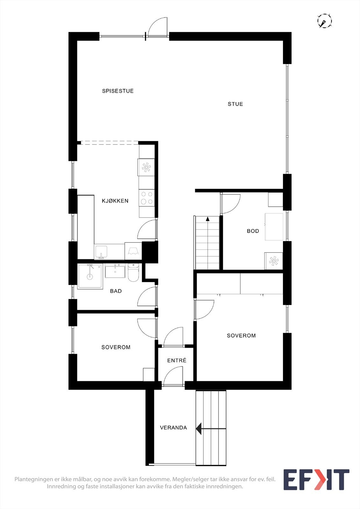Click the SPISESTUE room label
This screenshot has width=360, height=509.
(118, 91)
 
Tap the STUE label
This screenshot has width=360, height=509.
(235, 104)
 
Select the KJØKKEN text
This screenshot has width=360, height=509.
(115, 201)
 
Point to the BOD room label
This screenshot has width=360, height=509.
(253, 231)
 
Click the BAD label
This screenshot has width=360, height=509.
(116, 291)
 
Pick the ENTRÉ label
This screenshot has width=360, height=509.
(177, 360)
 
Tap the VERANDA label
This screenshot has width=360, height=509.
(173, 428)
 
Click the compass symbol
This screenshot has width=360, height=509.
(324, 21)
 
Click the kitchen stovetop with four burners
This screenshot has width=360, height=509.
(146, 198)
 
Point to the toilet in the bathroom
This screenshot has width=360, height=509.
(133, 273)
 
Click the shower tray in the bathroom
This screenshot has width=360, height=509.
(90, 276)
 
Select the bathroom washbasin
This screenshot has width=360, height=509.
(115, 271)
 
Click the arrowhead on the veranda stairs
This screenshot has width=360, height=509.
(199, 429)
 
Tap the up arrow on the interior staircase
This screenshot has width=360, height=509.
(208, 219)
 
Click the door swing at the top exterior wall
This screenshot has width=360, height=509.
(158, 27)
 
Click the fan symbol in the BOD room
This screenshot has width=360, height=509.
(273, 261)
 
